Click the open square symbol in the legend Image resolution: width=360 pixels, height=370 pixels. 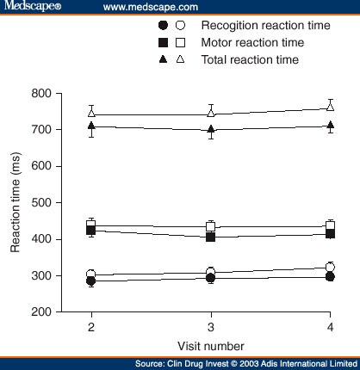(x=180, y=42)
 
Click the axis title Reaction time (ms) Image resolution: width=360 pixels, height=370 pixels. (x=16, y=203)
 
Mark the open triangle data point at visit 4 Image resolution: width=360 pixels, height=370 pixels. (x=330, y=107)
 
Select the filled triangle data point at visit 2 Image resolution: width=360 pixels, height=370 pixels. (x=91, y=126)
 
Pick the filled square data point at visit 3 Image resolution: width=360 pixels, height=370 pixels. (x=211, y=237)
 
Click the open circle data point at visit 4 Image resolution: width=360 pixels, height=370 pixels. (x=330, y=268)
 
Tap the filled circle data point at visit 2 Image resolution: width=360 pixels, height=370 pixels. (x=91, y=281)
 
